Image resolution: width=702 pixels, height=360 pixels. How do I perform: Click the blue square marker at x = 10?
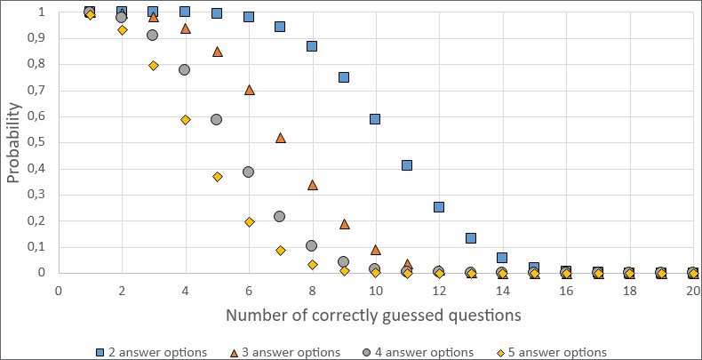click(375, 118)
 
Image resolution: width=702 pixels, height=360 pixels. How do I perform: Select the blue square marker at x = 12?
click(439, 206)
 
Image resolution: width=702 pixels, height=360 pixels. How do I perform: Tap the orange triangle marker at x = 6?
click(249, 90)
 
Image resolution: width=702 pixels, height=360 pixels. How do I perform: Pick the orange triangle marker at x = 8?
click(312, 185)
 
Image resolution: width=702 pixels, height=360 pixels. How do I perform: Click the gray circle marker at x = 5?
click(216, 119)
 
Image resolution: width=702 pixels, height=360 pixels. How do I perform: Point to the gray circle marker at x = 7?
click(280, 216)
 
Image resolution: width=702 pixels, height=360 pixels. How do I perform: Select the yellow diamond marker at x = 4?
click(185, 119)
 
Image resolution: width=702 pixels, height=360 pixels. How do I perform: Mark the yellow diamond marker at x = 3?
click(154, 66)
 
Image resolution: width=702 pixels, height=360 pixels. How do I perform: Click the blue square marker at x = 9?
click(344, 77)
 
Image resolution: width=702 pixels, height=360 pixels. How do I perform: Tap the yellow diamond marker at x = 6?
click(249, 222)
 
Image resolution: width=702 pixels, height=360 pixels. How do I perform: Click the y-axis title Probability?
click(15, 142)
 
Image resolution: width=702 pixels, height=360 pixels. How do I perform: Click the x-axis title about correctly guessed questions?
click(372, 316)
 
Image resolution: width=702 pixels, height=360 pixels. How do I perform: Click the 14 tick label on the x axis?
click(502, 290)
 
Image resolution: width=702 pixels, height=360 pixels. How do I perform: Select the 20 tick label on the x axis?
click(692, 290)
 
